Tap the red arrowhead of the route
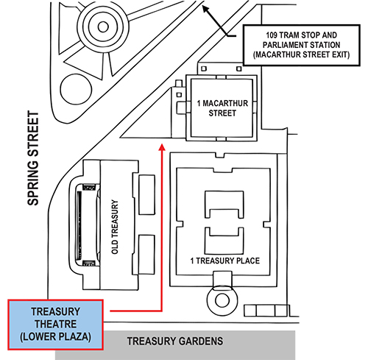pyautogui.click(x=161, y=149)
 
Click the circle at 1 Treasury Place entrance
pyautogui.click(x=219, y=297)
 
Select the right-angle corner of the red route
pyautogui.click(x=161, y=311)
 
